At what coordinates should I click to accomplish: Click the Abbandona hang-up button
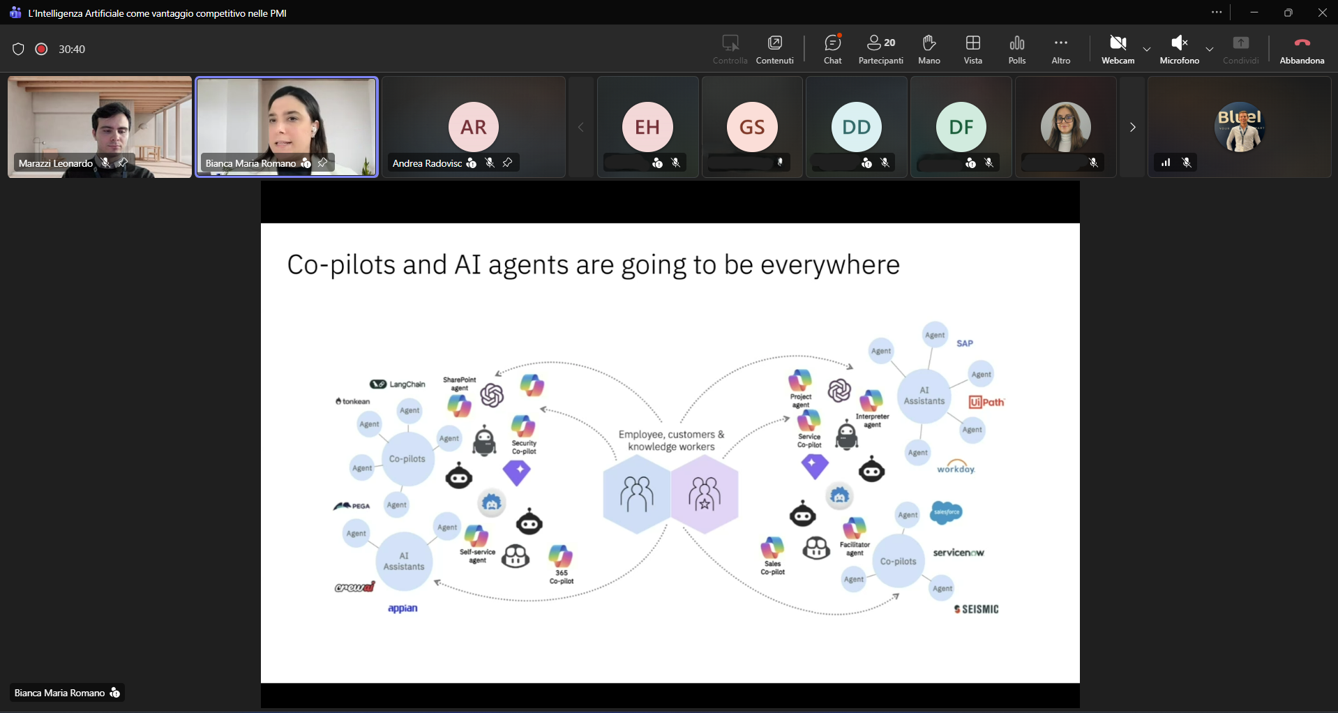pos(1302,49)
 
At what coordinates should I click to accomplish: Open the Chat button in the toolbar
pos(832,49)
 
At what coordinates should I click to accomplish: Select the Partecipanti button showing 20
pos(880,49)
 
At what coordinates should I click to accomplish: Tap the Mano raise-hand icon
pos(929,49)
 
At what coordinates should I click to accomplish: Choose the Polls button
pos(1017,49)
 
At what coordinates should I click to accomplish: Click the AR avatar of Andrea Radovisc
pos(474,127)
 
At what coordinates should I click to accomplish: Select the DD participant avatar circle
pos(857,127)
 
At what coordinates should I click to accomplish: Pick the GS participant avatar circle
pos(752,127)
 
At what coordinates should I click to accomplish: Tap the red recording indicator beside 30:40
pos(41,49)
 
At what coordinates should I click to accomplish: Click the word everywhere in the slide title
pos(829,265)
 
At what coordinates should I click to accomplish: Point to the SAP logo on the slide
pos(965,343)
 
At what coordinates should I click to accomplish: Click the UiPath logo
pos(986,402)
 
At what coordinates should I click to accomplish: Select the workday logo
pos(956,467)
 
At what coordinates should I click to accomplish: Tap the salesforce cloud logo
pos(947,513)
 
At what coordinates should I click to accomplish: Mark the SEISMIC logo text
pos(977,609)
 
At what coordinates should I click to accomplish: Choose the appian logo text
pos(403,608)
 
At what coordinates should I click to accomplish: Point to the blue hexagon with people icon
pos(636,494)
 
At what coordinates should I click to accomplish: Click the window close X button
pos(1323,13)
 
